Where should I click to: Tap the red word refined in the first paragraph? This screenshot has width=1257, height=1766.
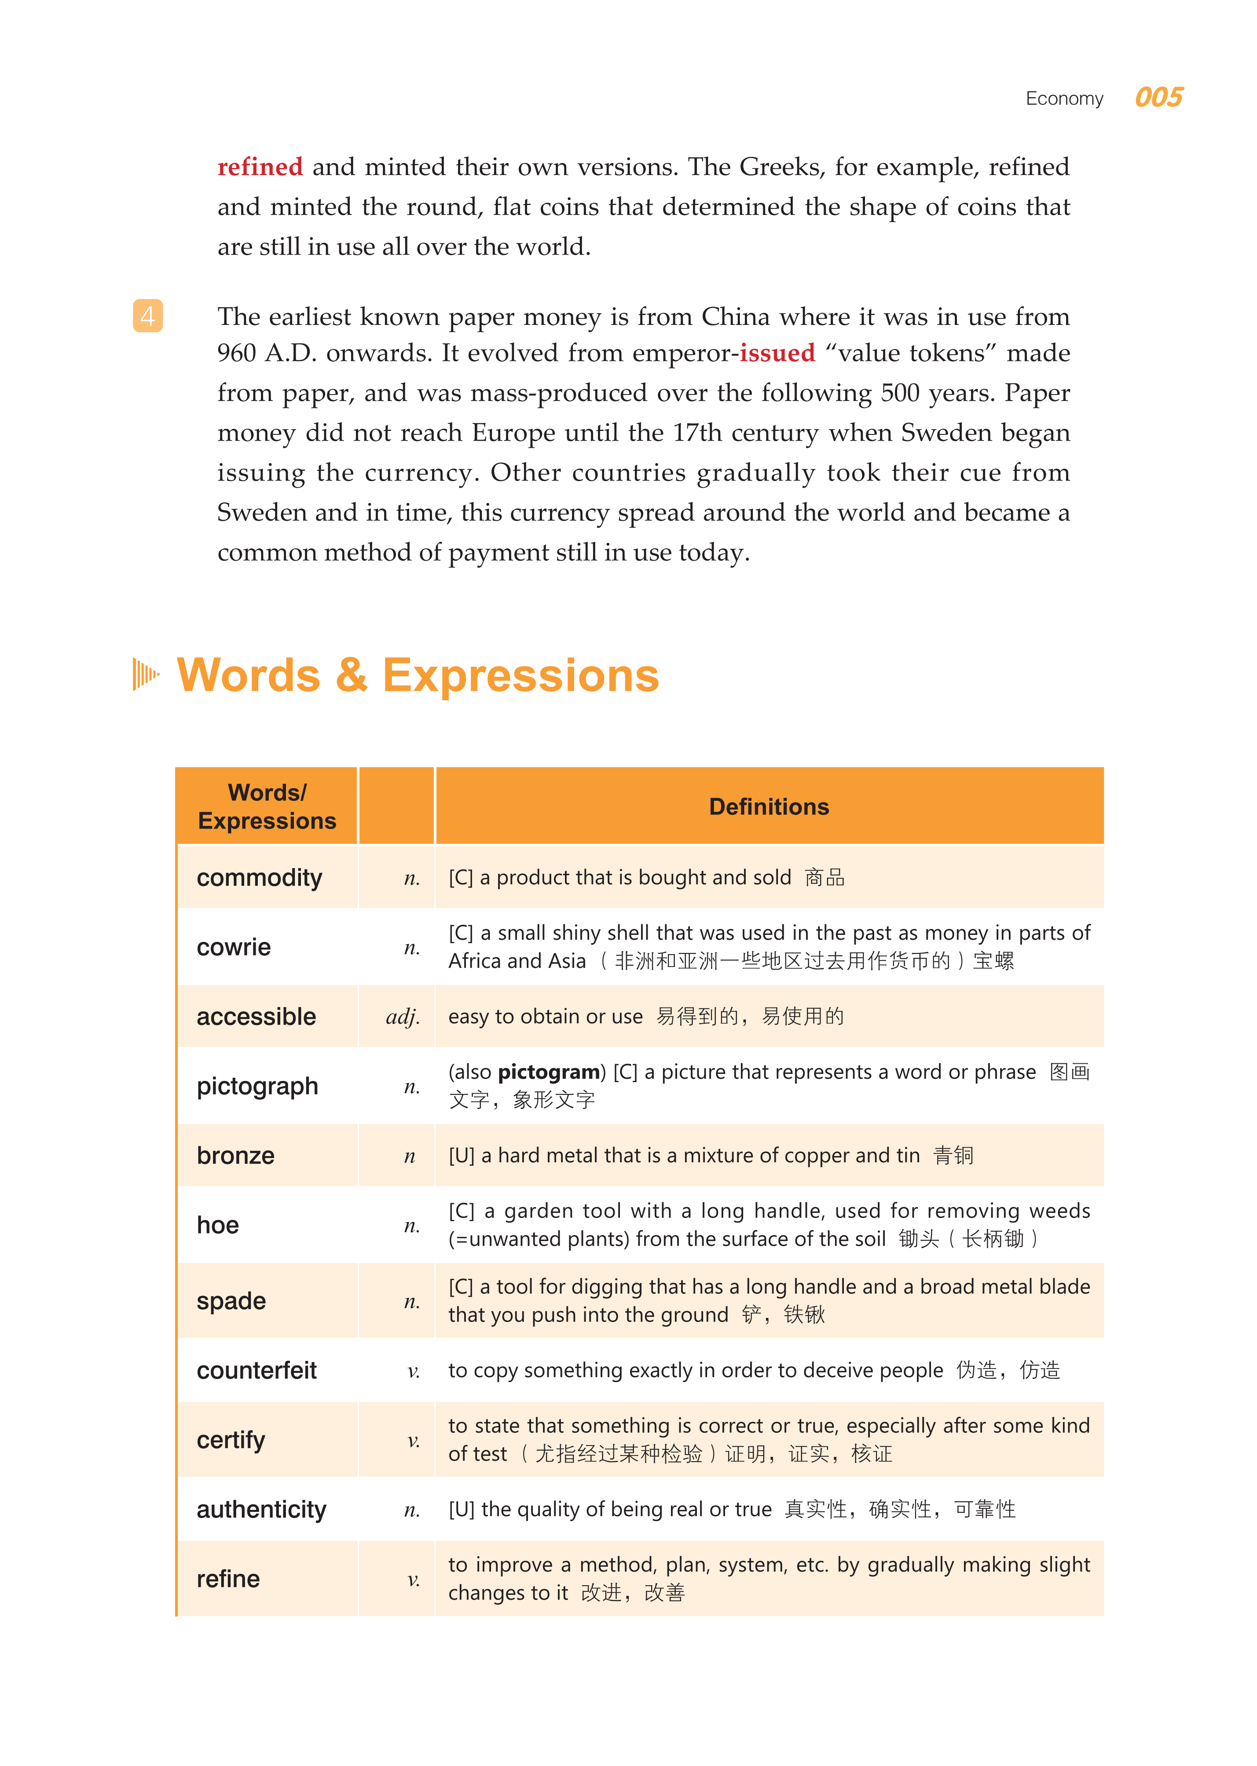tap(260, 167)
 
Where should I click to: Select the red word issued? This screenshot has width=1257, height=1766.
tap(777, 354)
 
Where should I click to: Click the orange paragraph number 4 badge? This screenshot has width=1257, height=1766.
tap(148, 316)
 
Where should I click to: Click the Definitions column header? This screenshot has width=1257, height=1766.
tap(769, 807)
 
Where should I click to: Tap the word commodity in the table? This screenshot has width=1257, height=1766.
tap(259, 878)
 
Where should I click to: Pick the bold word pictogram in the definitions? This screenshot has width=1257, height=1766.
tap(549, 1072)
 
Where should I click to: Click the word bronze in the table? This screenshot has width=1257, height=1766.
tap(235, 1156)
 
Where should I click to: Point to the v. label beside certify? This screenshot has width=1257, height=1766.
tap(413, 1440)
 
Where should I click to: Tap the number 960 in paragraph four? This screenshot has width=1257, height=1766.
tap(237, 354)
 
